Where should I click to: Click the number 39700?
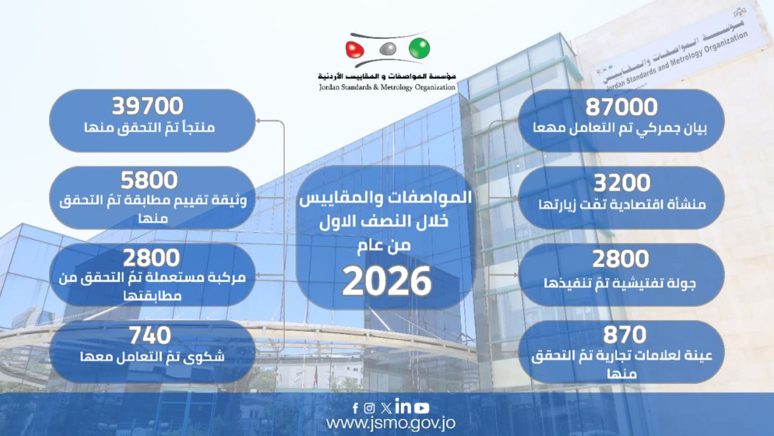coord(148,106)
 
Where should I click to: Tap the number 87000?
coord(622,107)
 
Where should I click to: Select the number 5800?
coord(149,180)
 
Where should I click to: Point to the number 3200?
coord(622,183)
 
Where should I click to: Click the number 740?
coord(150,335)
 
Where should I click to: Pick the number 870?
coord(625,335)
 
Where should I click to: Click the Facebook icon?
coord(356,408)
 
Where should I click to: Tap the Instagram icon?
coord(369,408)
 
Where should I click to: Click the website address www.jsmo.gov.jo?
coord(391,424)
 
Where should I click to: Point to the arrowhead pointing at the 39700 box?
coord(259,121)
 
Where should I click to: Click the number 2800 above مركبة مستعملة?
coord(151,258)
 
